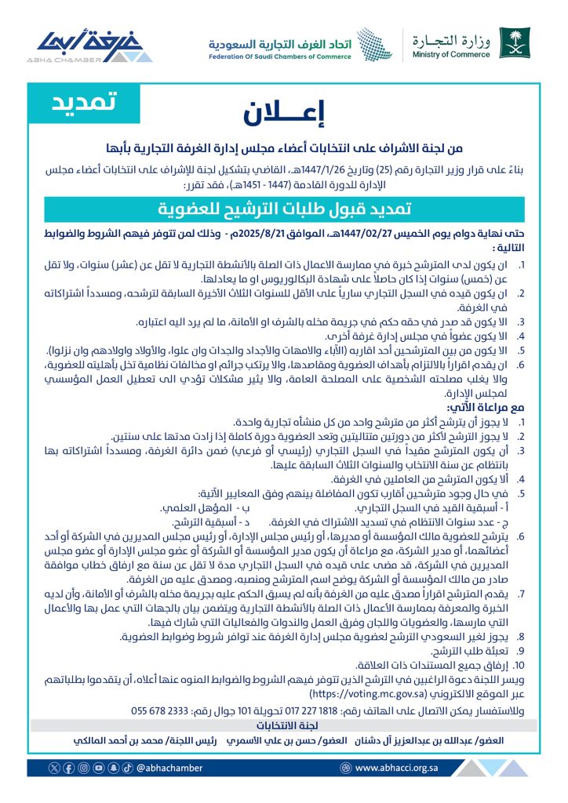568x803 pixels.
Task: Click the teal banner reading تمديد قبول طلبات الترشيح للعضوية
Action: [283, 209]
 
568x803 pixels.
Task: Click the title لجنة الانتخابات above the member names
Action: [284, 725]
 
